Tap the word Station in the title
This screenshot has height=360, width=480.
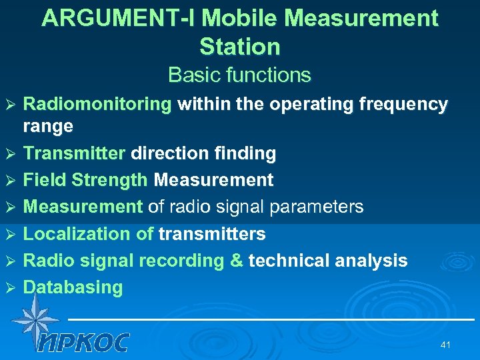point(240,47)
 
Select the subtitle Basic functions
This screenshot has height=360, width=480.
point(239,75)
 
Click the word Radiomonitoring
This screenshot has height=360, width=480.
point(97,104)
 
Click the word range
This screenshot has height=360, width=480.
point(48,126)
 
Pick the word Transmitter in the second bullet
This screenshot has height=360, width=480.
point(74,153)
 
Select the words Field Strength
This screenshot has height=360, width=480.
point(85,180)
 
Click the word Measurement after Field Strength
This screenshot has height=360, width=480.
point(213,180)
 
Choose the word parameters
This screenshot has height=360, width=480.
point(317,207)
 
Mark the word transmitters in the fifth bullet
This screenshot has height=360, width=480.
point(212,234)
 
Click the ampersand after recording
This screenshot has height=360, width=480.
point(236,261)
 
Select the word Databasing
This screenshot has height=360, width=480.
point(73,287)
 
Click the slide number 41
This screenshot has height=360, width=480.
point(446,345)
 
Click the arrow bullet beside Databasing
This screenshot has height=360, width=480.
point(10,288)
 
